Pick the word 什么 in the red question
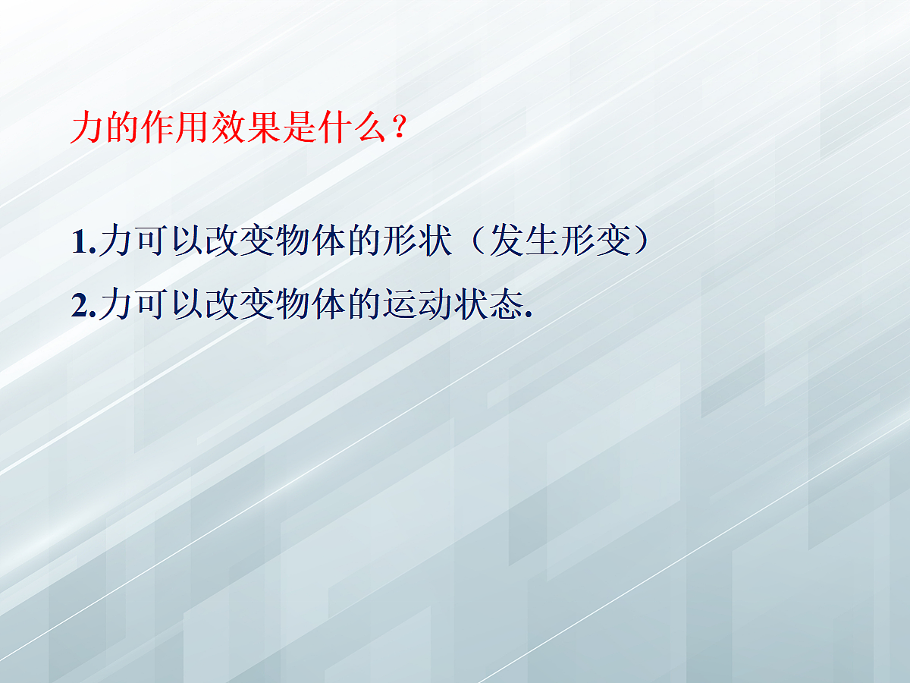coord(353,129)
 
